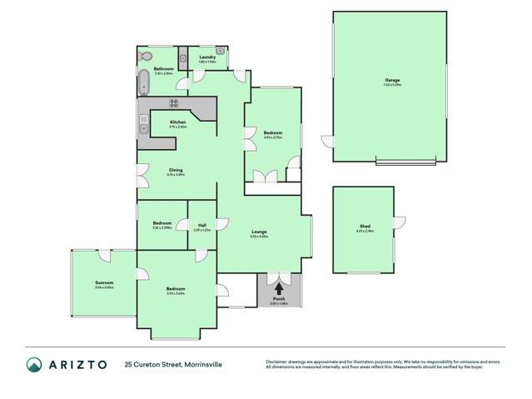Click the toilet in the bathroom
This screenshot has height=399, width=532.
(145, 56)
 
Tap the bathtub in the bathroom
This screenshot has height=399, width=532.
(143, 84)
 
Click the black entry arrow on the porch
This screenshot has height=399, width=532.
(278, 288)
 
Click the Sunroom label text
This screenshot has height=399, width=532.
(104, 282)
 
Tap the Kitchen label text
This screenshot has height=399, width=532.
(177, 122)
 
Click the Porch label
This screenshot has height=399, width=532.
(278, 301)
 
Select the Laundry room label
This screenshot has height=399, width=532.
(207, 57)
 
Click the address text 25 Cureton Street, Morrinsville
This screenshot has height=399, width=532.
(174, 364)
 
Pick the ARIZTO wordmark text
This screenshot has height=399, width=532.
(78, 364)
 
